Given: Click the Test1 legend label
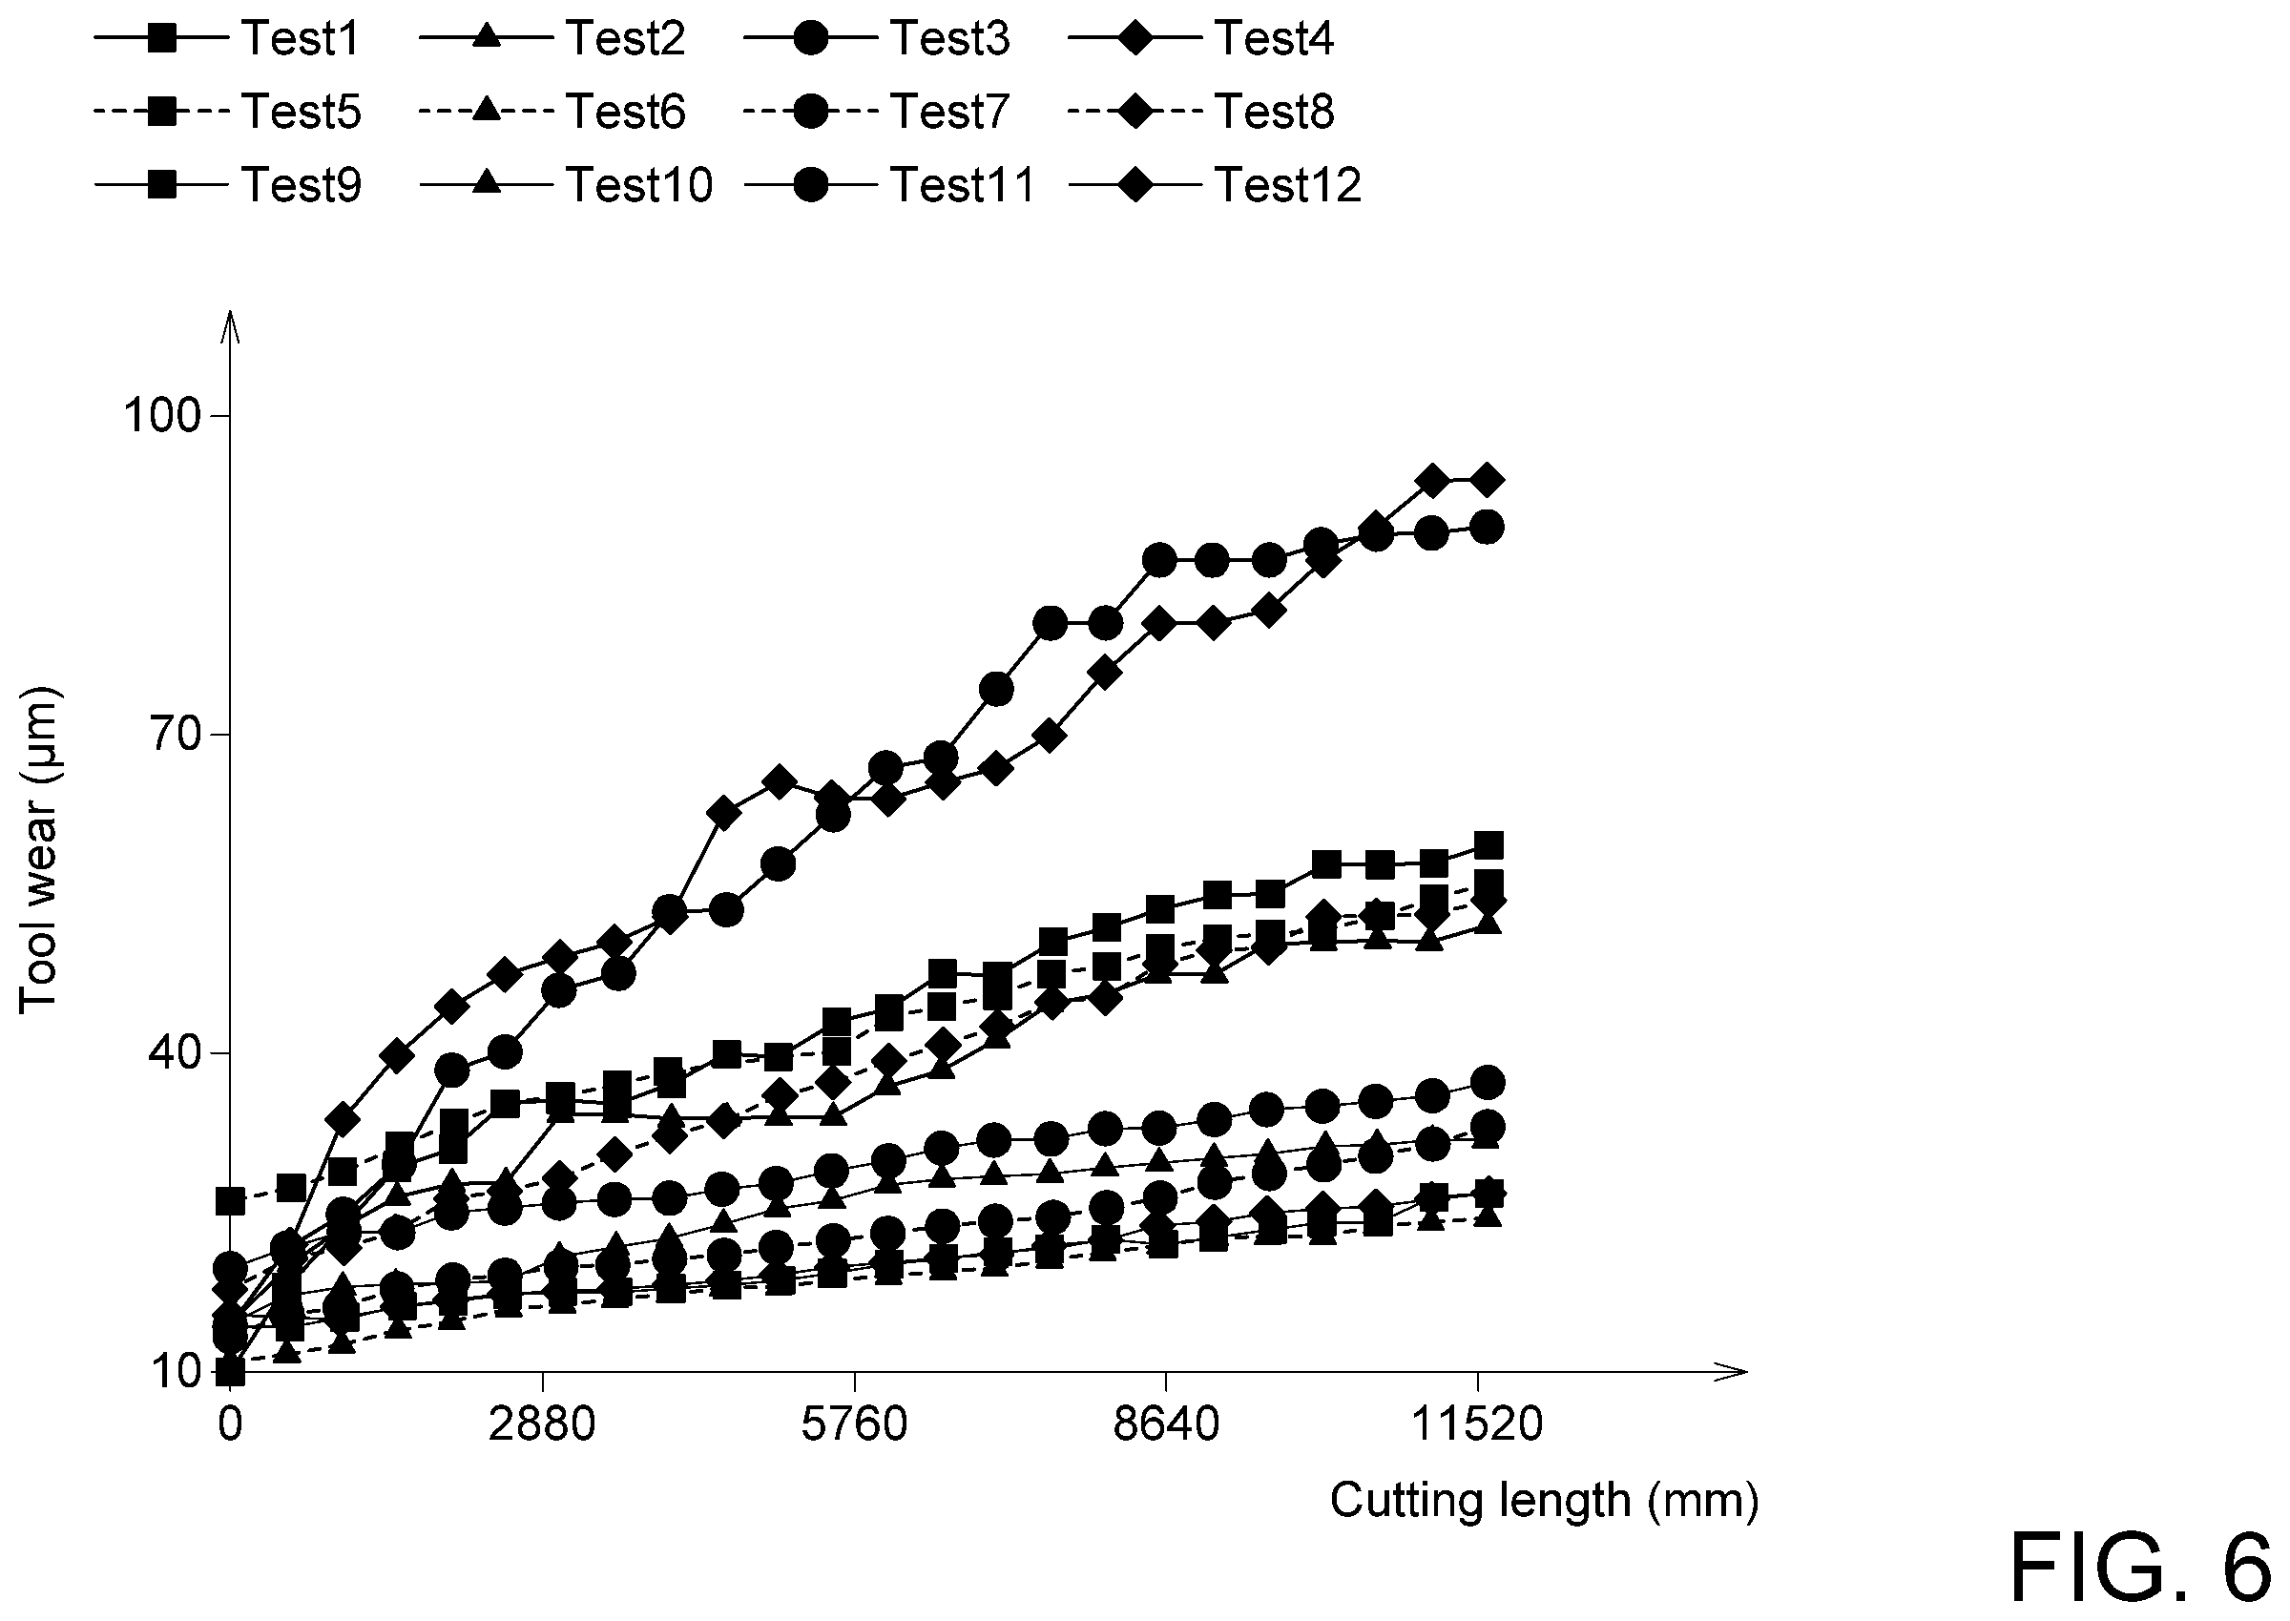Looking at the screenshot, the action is (x=300, y=38).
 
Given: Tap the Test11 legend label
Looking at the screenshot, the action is (x=963, y=185).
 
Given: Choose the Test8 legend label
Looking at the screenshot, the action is (x=1274, y=111).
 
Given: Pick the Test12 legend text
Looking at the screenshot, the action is (x=1288, y=185).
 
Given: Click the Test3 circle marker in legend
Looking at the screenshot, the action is (x=812, y=38).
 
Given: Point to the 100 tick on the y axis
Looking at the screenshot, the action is (x=160, y=415).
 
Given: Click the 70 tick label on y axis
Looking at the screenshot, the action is (x=175, y=735).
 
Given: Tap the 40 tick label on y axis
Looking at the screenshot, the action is (x=175, y=1053).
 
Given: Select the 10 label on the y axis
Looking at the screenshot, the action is (x=177, y=1373).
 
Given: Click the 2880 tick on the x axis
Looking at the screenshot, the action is (x=541, y=1424).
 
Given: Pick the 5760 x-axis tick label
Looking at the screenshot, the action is (x=854, y=1424).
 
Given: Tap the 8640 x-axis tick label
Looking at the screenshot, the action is (x=1166, y=1424).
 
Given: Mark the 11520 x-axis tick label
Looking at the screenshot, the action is (x=1477, y=1424).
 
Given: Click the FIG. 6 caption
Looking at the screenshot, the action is (x=2146, y=1570).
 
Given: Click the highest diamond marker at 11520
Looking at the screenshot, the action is (x=1488, y=480).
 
